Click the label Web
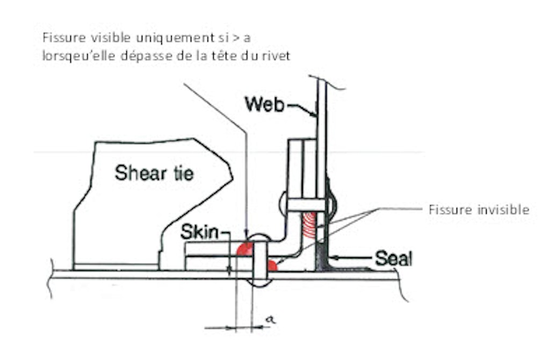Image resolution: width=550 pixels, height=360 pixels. (264, 104)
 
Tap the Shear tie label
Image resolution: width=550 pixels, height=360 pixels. (154, 173)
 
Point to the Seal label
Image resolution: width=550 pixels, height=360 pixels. (394, 258)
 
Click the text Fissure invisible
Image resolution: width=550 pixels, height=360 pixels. (479, 210)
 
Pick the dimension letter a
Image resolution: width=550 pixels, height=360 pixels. (270, 319)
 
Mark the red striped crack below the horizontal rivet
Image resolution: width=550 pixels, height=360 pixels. (309, 225)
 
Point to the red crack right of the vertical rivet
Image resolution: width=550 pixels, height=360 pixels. (272, 265)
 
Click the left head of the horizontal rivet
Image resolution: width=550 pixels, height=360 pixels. (284, 205)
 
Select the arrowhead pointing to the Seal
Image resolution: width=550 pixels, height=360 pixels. (334, 258)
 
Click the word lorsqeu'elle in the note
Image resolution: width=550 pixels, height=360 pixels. (78, 56)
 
